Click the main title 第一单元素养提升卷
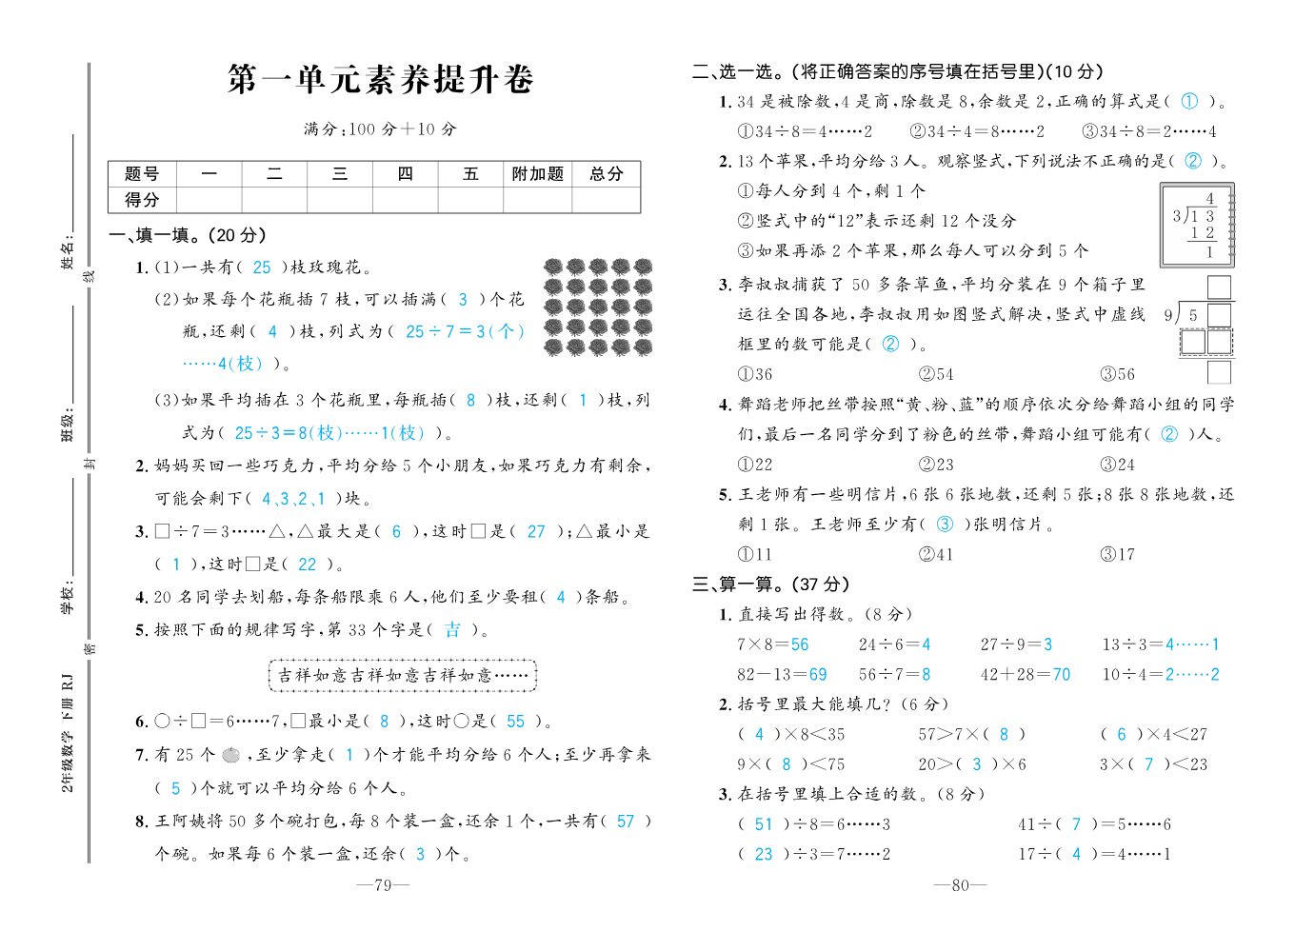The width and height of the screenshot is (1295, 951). pos(380,80)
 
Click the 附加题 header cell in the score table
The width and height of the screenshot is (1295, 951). pos(538,173)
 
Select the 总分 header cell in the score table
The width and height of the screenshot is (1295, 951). pos(606,173)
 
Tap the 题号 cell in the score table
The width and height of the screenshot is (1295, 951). pos(142,173)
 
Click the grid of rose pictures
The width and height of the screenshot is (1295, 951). pos(598,307)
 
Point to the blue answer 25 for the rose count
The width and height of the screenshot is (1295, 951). pos(262,268)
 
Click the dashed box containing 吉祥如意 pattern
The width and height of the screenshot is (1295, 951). pos(403,675)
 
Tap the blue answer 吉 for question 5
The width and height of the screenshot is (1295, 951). pos(452,630)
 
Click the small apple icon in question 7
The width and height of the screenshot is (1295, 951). pos(230,755)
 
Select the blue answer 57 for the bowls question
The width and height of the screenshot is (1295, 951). pos(626,822)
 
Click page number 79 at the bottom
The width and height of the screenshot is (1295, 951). pos(383,885)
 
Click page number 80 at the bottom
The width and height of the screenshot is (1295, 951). pos(960,885)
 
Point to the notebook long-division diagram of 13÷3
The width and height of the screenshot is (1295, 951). pos(1197,225)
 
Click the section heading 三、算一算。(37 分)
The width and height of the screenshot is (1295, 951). pos(770,584)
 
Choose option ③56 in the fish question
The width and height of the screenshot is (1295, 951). pos(1117,374)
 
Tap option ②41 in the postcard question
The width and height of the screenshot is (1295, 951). pos(936,554)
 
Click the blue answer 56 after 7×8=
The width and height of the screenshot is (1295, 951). pos(800,644)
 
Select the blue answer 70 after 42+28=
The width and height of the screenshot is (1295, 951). pos(1062,675)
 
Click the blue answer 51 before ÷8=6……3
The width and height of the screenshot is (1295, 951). pos(764,824)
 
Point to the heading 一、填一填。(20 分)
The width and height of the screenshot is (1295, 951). pos(188,235)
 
